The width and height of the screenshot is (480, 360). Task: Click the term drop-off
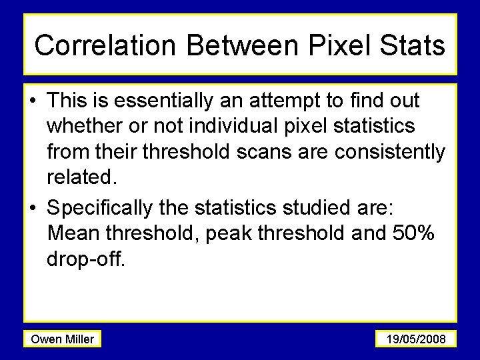point(86,259)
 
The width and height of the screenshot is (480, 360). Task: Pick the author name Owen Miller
point(63,339)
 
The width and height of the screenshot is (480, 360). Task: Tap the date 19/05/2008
point(416,339)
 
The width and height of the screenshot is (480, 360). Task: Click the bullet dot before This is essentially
point(33,101)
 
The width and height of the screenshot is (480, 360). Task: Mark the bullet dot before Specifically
point(33,208)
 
